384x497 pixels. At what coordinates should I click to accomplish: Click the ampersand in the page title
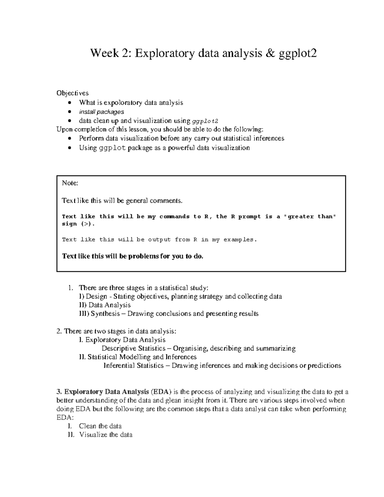pos(269,53)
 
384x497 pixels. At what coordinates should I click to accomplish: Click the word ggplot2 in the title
pos(297,53)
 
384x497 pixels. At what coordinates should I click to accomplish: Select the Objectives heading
pos(72,93)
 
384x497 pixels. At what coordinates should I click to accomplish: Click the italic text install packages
pos(101,112)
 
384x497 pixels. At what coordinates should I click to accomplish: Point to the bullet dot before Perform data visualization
pos(70,139)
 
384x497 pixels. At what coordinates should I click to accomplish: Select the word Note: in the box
pos(70,183)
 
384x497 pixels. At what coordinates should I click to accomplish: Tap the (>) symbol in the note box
pos(87,224)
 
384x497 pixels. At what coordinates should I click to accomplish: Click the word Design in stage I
pos(96,297)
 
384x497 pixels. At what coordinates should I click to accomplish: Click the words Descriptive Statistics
pos(133,349)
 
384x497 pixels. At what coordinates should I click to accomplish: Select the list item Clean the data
pos(100,426)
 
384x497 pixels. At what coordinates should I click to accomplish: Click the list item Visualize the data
pos(106,435)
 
